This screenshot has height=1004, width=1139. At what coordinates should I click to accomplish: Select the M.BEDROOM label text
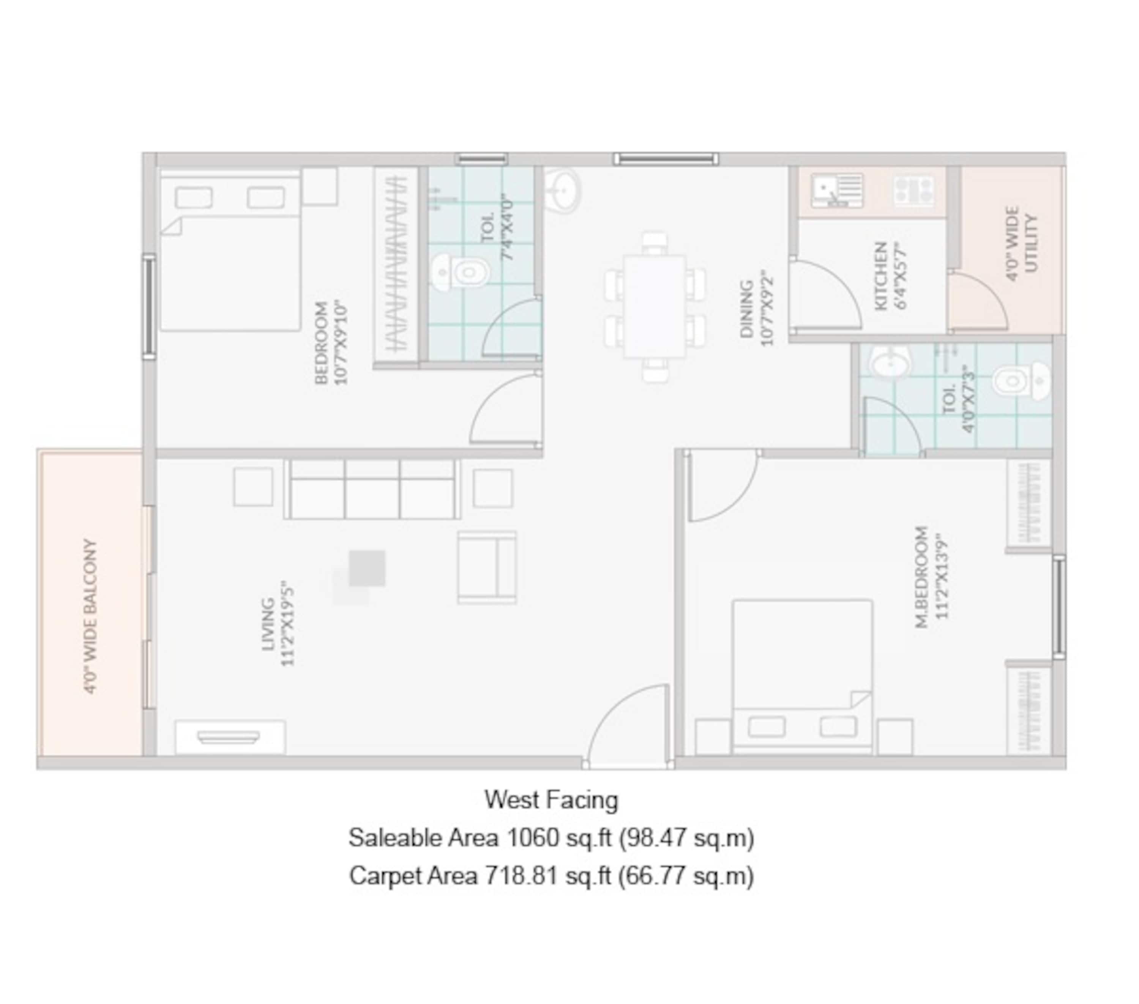(922, 577)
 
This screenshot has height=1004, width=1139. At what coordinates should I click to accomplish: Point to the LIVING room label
(268, 624)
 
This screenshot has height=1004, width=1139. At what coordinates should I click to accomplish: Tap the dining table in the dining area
(655, 306)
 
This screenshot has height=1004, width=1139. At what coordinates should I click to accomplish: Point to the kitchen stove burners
(914, 191)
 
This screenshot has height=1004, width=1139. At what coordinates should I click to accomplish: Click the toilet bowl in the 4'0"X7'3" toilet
(1021, 381)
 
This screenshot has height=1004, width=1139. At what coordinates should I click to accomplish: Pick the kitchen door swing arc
(826, 295)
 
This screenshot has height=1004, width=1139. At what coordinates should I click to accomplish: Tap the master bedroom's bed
(803, 676)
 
